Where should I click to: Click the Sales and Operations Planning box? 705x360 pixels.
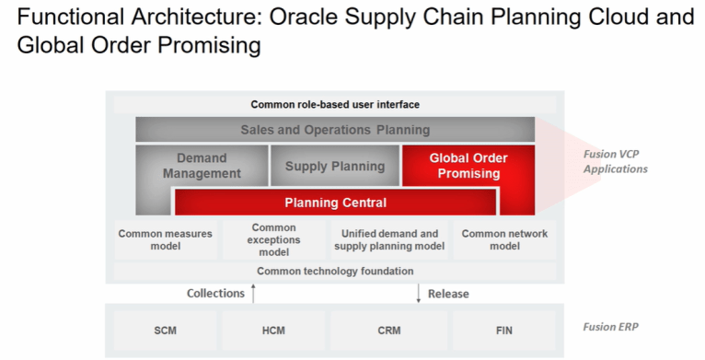point(335,130)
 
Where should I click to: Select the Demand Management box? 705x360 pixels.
point(202,166)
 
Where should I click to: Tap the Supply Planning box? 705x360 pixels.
point(334,167)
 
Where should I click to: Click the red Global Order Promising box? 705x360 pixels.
point(468,166)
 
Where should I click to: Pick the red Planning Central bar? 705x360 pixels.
point(335,203)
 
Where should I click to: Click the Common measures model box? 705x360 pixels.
point(166,240)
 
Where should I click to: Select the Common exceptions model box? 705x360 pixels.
point(273,240)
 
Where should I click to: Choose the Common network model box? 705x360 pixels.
point(504,240)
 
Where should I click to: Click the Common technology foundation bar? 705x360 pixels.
point(335,272)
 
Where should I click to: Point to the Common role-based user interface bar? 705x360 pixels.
point(335,105)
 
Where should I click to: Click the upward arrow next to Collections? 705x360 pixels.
point(254,293)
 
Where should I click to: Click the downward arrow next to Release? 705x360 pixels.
point(419,294)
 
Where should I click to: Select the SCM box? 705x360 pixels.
point(166,329)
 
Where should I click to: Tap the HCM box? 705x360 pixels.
point(273,329)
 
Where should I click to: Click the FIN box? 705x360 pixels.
point(504,329)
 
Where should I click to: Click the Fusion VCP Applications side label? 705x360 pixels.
point(615,161)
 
